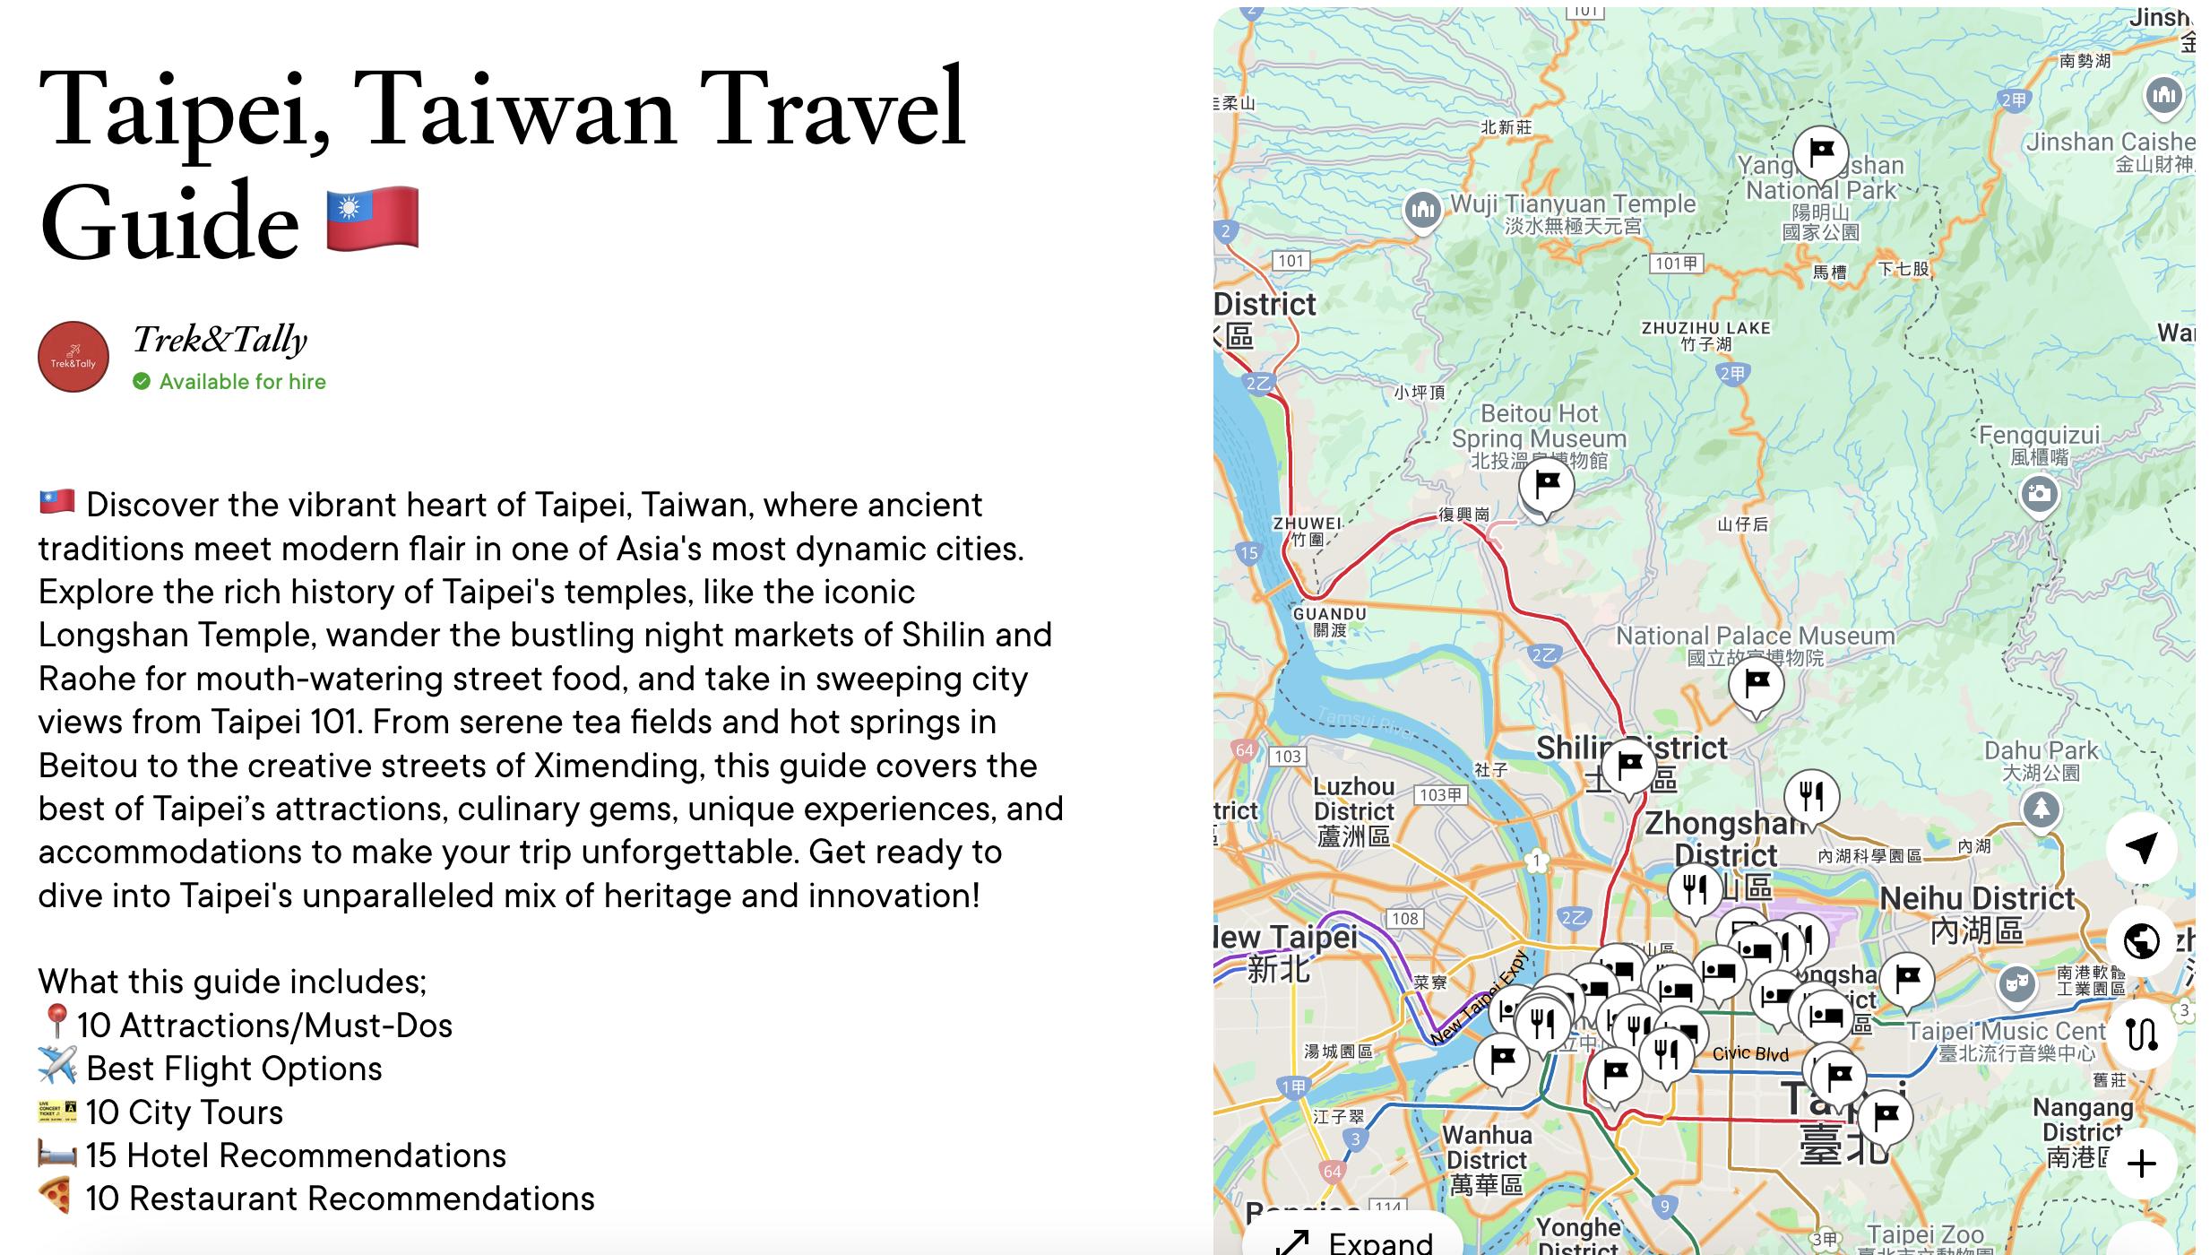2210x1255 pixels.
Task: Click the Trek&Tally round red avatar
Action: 73,357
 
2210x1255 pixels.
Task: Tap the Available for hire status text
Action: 242,382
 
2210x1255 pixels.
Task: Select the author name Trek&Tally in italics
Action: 220,340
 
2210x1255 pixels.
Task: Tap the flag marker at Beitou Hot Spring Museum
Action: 1547,484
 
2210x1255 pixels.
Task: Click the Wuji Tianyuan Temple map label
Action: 1573,204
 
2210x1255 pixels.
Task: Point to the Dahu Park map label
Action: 2041,751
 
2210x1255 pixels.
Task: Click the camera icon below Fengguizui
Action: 2039,493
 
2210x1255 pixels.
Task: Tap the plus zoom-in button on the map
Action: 2141,1164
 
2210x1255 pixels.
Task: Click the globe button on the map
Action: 2141,941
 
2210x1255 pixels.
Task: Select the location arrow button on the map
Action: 2141,847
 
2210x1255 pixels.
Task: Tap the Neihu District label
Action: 1977,898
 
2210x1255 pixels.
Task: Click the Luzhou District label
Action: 1354,799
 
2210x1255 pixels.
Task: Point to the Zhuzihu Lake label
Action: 1705,328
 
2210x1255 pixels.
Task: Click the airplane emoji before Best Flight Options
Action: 56,1067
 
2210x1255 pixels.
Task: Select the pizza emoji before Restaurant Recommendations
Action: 56,1197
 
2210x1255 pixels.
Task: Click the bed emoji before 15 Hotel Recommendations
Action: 56,1154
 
